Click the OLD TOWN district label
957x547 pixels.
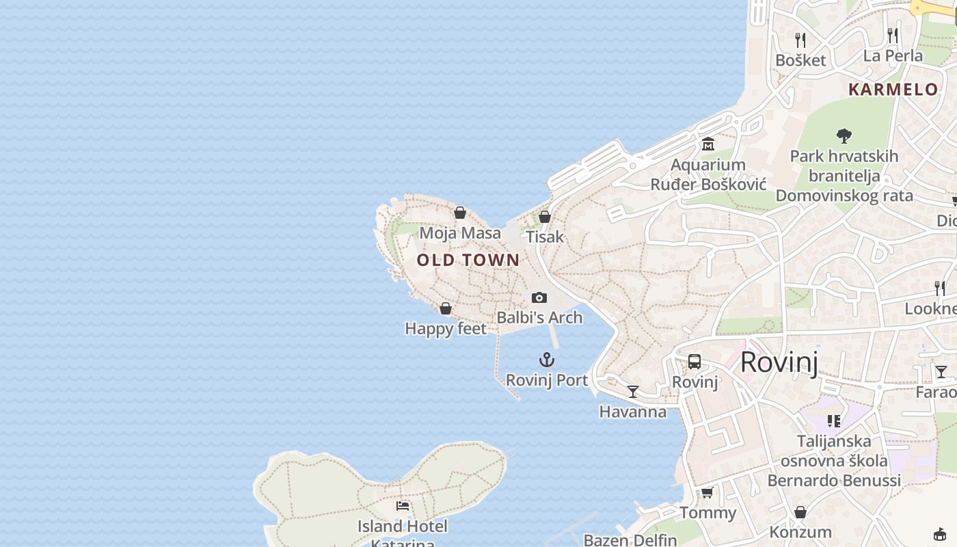pos(468,260)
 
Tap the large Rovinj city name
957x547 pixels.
pos(779,362)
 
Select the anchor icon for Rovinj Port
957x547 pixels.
pos(546,360)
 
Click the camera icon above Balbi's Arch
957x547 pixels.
pos(539,297)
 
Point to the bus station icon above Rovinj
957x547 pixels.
pos(695,362)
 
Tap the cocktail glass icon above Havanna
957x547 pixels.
pos(633,391)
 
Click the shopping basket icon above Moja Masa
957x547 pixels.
pos(460,213)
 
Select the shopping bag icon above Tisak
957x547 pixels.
pos(545,217)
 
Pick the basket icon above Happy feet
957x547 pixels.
pos(446,308)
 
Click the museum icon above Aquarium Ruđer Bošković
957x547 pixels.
pos(707,144)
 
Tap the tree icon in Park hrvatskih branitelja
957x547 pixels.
pos(844,136)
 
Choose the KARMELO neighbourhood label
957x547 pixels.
pos(893,90)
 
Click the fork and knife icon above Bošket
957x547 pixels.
pos(800,40)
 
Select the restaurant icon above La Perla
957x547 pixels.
pos(893,35)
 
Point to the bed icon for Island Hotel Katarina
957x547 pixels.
pos(403,506)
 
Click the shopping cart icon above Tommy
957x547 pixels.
pos(707,492)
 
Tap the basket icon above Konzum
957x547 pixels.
pos(800,511)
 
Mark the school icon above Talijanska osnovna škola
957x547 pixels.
pos(833,421)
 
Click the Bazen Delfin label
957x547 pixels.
pos(630,540)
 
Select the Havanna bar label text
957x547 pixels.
pos(633,412)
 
